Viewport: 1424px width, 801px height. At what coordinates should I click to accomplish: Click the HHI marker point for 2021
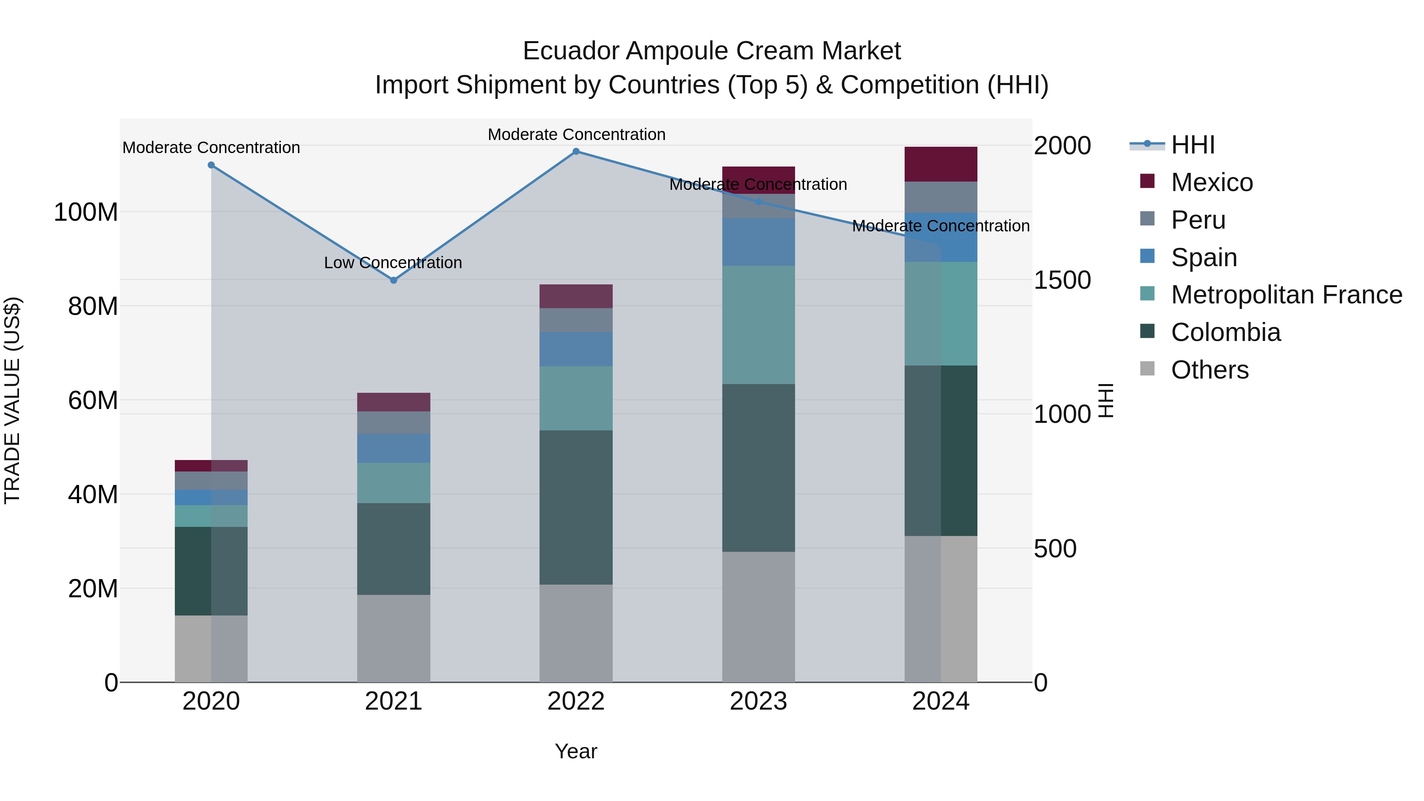394,280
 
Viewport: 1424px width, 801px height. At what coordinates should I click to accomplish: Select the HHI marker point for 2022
576,151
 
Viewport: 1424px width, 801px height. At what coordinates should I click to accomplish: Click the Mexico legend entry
1211,182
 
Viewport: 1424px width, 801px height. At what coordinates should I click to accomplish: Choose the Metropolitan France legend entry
1286,295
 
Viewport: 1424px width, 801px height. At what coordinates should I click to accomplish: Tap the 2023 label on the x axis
758,701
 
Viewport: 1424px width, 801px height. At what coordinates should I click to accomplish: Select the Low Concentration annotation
393,263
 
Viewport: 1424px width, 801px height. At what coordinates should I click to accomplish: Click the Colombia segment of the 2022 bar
576,507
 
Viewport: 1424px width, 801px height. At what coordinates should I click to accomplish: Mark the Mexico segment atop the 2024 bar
941,164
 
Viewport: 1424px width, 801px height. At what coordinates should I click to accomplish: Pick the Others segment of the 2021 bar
394,638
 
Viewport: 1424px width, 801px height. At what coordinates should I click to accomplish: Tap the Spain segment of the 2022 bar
576,349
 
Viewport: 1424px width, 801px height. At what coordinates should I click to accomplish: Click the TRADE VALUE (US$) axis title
12,400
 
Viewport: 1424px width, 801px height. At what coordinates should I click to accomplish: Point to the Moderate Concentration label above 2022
576,134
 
